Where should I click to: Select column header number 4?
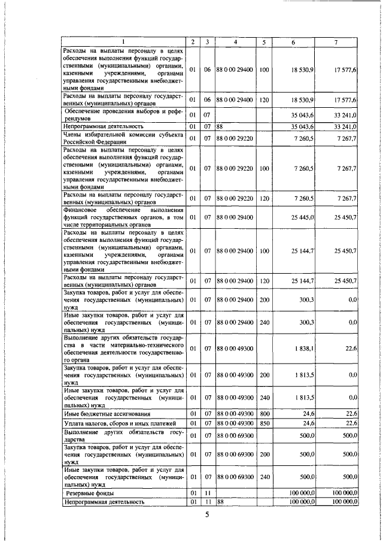click(x=236, y=41)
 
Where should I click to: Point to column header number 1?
click(x=123, y=41)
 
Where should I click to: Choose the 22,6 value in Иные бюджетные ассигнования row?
click(x=351, y=414)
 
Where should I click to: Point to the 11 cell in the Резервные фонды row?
click(x=206, y=493)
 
